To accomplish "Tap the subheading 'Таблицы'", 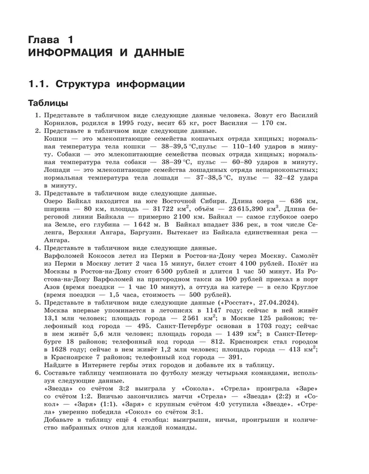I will (48, 104).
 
